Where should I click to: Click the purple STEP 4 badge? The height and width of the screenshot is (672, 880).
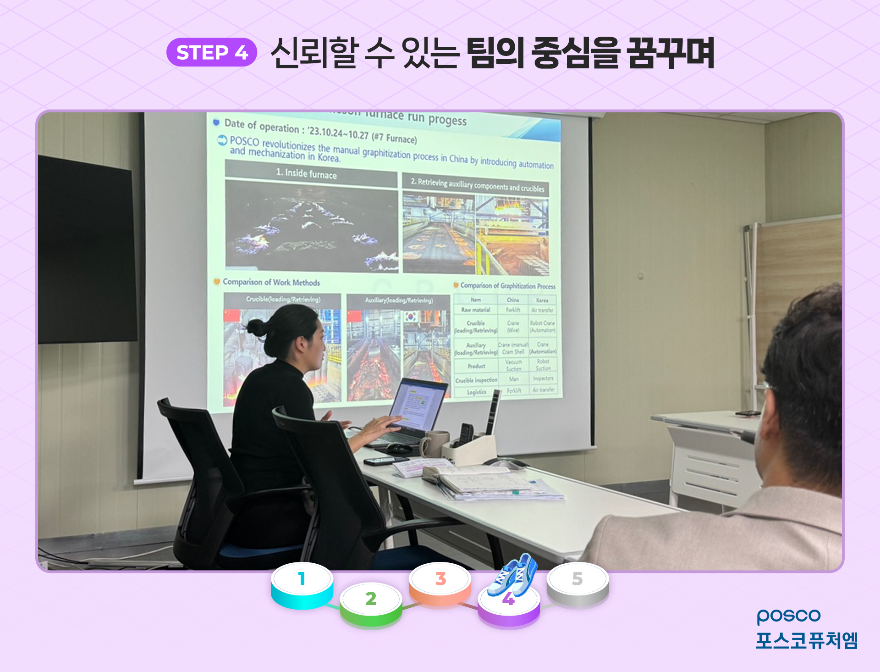coord(211,52)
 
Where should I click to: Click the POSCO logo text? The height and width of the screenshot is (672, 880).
coord(788,616)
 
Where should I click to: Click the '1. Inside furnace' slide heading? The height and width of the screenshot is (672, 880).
coord(306,173)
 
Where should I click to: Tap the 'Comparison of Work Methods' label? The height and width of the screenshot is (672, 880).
coord(271,282)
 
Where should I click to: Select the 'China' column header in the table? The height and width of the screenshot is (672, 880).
coord(513,300)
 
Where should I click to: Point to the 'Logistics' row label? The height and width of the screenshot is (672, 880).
coord(477,392)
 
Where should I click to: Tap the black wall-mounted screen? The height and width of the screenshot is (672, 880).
coord(87,250)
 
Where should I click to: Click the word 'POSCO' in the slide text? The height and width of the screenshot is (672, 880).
coord(244,141)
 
